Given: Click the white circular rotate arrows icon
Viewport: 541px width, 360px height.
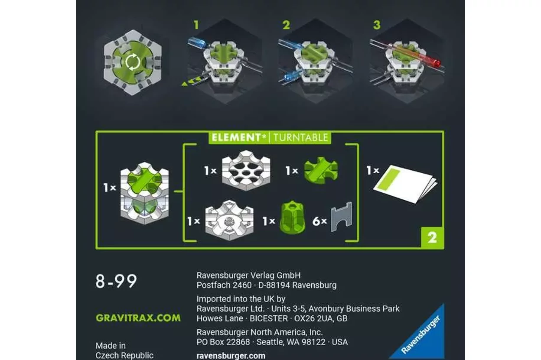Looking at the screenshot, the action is click(x=133, y=62).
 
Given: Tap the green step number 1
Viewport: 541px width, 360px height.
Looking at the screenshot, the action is click(x=196, y=25).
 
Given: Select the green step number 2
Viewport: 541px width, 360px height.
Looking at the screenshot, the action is click(x=286, y=25).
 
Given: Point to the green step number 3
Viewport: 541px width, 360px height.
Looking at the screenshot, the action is click(x=377, y=25).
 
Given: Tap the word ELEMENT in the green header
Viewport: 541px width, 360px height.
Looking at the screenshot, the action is click(x=236, y=137).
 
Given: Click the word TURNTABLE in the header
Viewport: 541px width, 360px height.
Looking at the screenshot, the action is click(x=301, y=137).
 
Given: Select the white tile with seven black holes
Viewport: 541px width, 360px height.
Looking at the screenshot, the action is click(x=246, y=170).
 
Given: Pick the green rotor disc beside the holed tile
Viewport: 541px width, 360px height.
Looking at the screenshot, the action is click(x=321, y=170).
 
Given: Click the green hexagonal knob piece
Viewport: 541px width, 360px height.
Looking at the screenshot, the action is click(x=292, y=217).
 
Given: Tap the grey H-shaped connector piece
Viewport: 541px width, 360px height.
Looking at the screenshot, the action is click(x=341, y=217).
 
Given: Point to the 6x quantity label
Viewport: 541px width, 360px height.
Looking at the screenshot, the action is click(x=319, y=221).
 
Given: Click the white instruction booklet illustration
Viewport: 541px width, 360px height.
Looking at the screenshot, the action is click(x=406, y=184).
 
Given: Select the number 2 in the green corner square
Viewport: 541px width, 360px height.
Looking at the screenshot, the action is click(x=432, y=238).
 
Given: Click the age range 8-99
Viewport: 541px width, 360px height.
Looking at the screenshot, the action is click(x=116, y=281).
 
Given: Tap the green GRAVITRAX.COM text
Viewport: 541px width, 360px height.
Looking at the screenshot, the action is click(x=138, y=318).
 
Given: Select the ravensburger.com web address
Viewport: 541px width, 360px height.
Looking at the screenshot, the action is click(x=231, y=356).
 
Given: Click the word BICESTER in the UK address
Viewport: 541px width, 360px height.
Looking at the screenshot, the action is click(x=269, y=318).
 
